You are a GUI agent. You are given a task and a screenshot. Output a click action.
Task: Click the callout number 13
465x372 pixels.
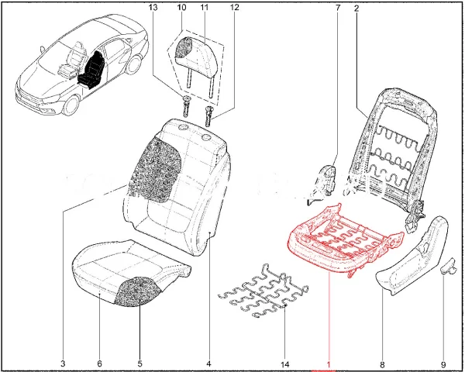coord(153,8)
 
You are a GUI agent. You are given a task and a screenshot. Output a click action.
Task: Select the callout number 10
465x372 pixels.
coord(181,8)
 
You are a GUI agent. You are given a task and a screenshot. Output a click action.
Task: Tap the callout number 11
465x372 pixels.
coord(205,8)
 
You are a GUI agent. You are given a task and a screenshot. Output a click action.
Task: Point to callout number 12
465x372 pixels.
coord(234,8)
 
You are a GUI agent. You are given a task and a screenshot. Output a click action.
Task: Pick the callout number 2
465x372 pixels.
coord(356,8)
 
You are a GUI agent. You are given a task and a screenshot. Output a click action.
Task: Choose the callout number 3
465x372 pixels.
coord(62,363)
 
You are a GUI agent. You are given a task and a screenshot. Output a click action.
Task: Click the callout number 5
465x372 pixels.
coord(139,363)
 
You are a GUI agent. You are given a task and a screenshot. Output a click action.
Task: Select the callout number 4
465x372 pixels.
coord(208,363)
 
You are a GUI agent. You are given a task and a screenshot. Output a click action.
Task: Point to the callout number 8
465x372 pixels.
coord(383,363)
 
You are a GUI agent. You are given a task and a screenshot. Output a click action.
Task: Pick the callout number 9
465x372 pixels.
coord(443,363)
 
